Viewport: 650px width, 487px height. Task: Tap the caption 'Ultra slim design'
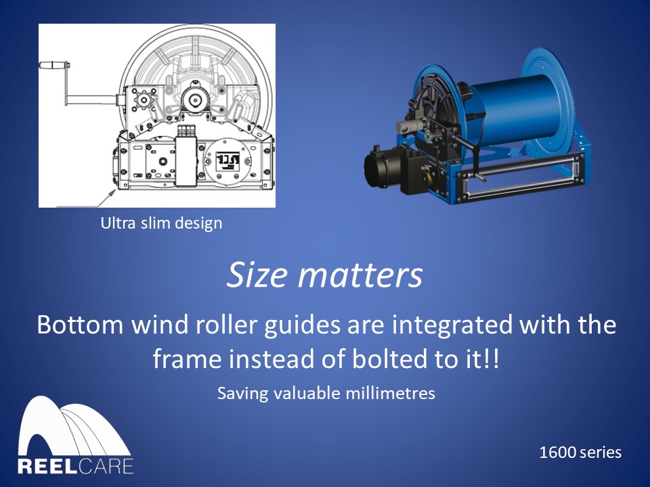pyautogui.click(x=161, y=223)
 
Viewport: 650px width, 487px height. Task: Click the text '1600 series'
pyautogui.click(x=580, y=452)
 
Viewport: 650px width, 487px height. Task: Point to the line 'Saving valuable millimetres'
pyautogui.click(x=326, y=393)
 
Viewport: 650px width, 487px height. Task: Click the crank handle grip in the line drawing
pyautogui.click(x=53, y=66)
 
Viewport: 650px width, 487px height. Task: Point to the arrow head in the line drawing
pyautogui.click(x=107, y=193)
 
